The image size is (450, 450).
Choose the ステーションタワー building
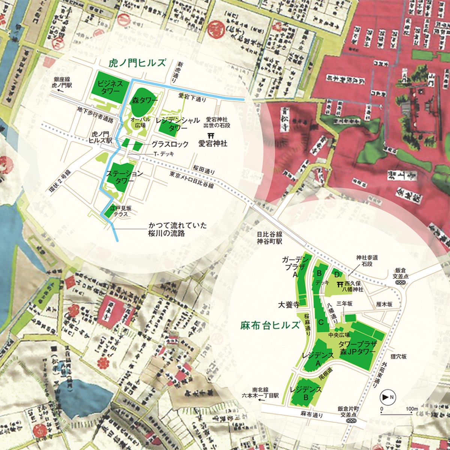pyautogui.click(x=119, y=176)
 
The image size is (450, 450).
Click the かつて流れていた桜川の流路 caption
pyautogui.click(x=177, y=230)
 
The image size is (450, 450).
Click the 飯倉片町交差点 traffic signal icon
pyautogui.click(x=351, y=421)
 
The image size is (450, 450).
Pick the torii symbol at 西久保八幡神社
pyautogui.click(x=340, y=284)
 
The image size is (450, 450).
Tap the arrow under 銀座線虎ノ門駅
pyautogui.click(x=58, y=91)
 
